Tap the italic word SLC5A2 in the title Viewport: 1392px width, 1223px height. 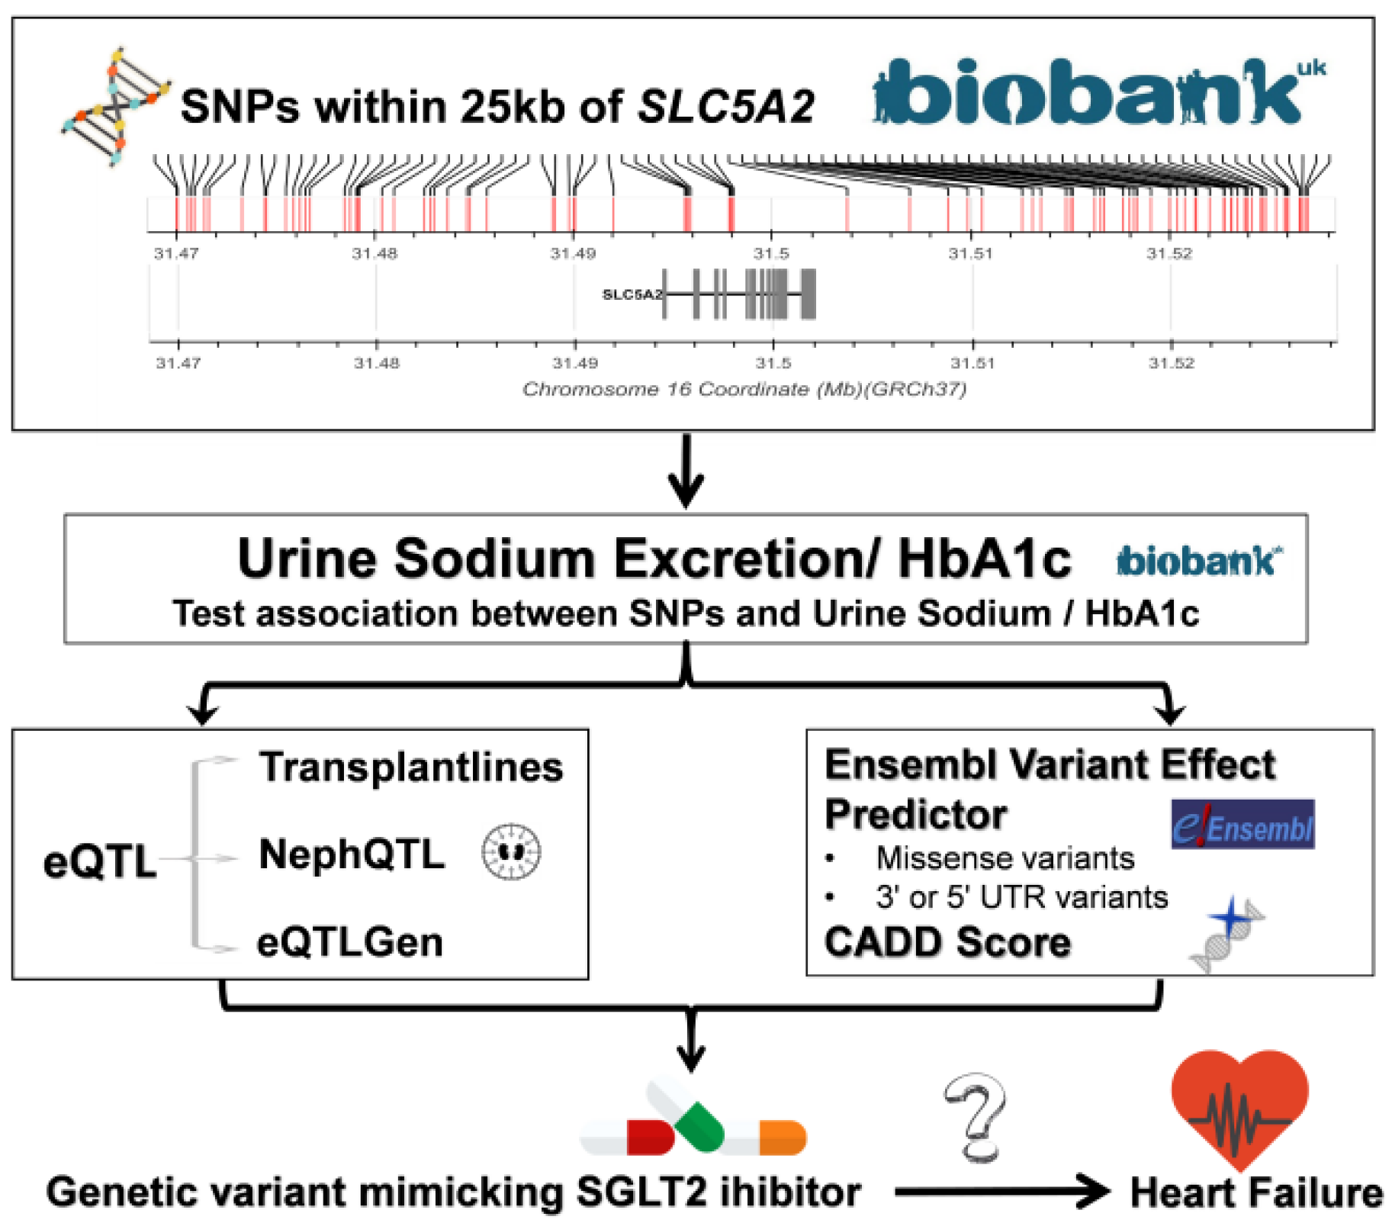click(726, 106)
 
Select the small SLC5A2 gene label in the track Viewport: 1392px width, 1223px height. click(632, 294)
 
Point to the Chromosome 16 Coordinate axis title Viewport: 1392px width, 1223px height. click(744, 389)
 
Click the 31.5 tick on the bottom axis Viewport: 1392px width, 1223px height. click(773, 363)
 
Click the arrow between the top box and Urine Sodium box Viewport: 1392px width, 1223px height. click(686, 471)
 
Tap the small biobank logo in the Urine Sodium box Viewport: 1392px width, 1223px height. click(1198, 562)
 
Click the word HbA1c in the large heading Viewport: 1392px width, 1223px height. click(984, 558)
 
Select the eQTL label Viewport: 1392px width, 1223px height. click(100, 861)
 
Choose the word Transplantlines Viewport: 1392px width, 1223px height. click(411, 767)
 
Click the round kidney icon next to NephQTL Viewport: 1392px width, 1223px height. click(511, 851)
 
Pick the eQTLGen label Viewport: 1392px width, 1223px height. click(350, 941)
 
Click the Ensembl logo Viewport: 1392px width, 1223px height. click(1242, 824)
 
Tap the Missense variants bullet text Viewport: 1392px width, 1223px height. click(1005, 858)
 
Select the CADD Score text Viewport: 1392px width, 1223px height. click(947, 941)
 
